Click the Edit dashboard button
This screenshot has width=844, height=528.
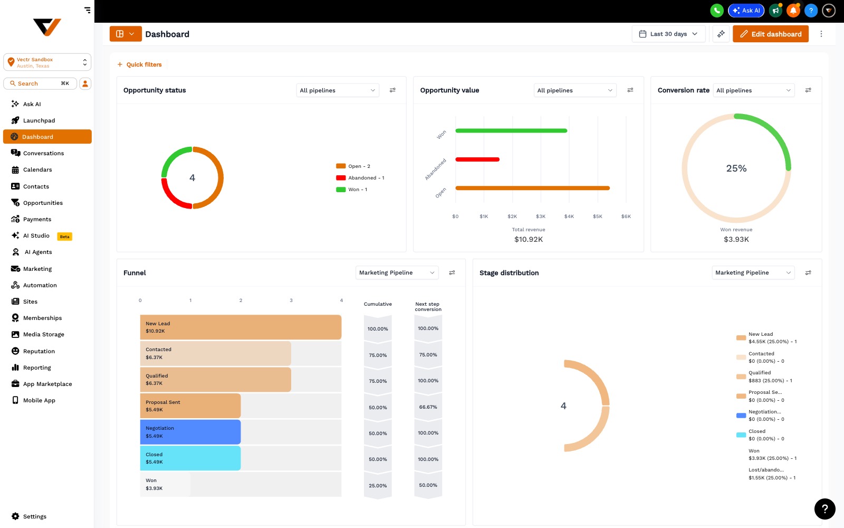(x=770, y=34)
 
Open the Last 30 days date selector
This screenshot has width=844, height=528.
(x=668, y=34)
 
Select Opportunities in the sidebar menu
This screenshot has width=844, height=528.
(x=43, y=203)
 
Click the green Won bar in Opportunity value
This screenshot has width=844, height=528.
(x=511, y=131)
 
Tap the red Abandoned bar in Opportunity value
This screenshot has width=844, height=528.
(x=477, y=159)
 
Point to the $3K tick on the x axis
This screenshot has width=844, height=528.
(x=541, y=216)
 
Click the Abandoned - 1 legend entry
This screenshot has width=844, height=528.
(x=360, y=177)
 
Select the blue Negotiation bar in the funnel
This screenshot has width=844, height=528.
(x=190, y=432)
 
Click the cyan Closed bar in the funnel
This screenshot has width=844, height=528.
(x=190, y=458)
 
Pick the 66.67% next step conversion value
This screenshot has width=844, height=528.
(x=428, y=407)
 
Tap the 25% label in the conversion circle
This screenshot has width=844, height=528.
(x=736, y=168)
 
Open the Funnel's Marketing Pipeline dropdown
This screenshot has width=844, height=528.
(x=397, y=272)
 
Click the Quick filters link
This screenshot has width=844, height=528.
(x=139, y=64)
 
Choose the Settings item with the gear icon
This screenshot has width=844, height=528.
(x=29, y=516)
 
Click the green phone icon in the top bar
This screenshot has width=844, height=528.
(x=717, y=11)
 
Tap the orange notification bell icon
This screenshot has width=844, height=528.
(x=793, y=11)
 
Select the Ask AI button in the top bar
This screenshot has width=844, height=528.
(x=746, y=11)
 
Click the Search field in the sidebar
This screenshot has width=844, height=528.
(x=40, y=83)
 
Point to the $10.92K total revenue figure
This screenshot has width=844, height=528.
(x=528, y=240)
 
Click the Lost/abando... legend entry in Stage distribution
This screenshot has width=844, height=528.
(x=772, y=474)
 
